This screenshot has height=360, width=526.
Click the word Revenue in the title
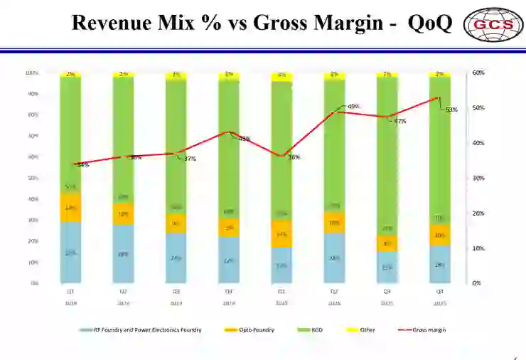[x=112, y=23]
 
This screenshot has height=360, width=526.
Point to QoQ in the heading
[x=430, y=23]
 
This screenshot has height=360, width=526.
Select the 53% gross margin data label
[x=451, y=110]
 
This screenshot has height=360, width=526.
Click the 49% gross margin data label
[x=353, y=106]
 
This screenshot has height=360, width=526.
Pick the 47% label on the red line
[x=400, y=121]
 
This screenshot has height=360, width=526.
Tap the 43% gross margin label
[x=244, y=139]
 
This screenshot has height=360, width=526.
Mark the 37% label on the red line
[x=190, y=159]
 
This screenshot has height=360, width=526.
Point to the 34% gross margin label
[x=83, y=165]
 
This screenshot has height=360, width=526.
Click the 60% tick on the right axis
[x=478, y=73]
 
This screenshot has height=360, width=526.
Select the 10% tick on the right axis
[x=478, y=248]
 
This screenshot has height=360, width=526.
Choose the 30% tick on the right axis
[x=478, y=178]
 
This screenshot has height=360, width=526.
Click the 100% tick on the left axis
[x=32, y=73]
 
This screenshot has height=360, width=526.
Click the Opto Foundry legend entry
[x=254, y=329]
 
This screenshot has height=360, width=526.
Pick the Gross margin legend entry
[x=426, y=329]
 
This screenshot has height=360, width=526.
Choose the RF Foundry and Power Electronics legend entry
[x=142, y=329]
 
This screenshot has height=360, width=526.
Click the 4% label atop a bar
[x=281, y=75]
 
